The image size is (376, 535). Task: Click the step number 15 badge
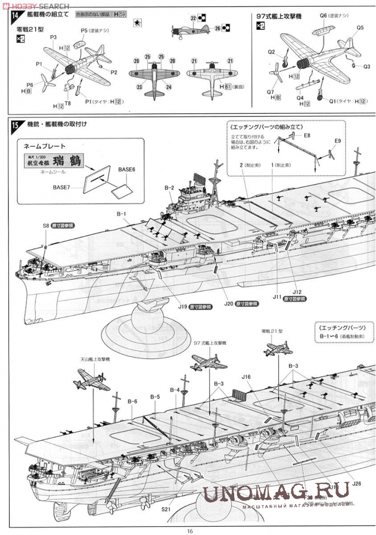click(x=15, y=125)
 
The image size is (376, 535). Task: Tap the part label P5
click(x=85, y=31)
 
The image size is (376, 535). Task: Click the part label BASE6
click(x=127, y=169)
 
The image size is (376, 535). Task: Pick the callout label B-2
click(x=169, y=187)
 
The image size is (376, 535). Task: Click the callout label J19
click(x=182, y=306)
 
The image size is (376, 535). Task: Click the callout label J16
click(x=247, y=377)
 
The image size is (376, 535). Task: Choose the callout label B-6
click(x=132, y=401)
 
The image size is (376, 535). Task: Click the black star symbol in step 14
click(x=137, y=23)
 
